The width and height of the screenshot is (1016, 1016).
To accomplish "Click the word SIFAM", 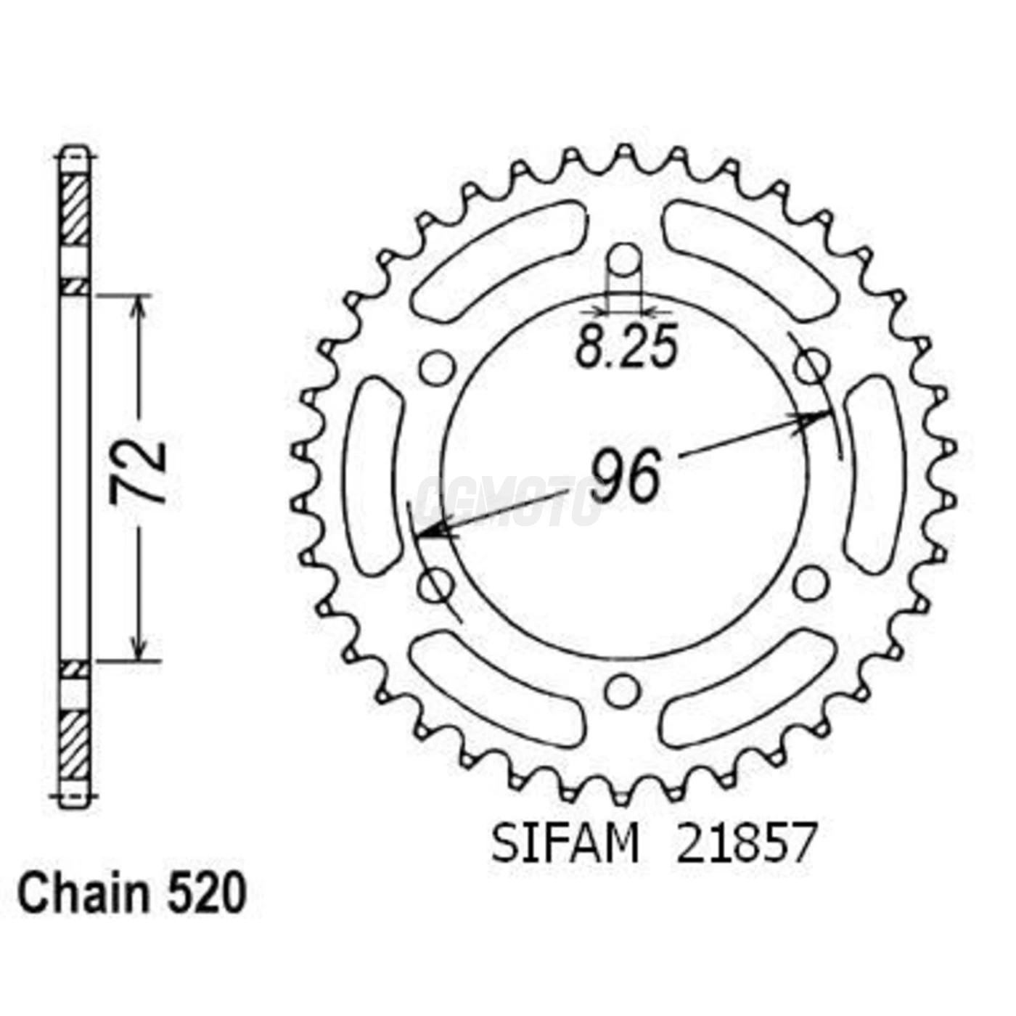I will (x=565, y=843).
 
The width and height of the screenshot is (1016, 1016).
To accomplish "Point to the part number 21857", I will (x=746, y=843).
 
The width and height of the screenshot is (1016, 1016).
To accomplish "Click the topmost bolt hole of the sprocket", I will (x=624, y=260).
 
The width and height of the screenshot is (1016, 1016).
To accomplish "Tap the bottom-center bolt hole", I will (x=620, y=692).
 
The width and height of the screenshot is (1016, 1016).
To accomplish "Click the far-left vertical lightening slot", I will (x=374, y=475).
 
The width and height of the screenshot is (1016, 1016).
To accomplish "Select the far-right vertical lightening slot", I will (x=874, y=475).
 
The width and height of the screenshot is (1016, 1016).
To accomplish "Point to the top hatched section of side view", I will (x=75, y=210).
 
